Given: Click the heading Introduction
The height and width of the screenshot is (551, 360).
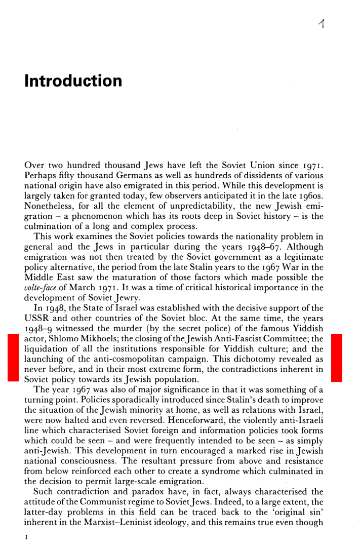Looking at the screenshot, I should point(73,81).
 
